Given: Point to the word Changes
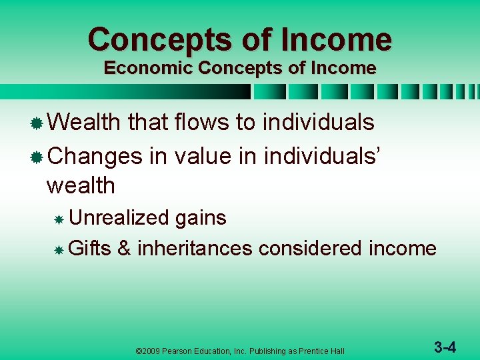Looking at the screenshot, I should pyautogui.click(x=95, y=156).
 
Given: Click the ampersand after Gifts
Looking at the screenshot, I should pyautogui.click(x=123, y=249).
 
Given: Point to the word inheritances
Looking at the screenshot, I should pyautogui.click(x=195, y=249).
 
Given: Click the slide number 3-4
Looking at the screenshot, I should pyautogui.click(x=445, y=347).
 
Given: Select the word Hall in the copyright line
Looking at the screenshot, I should pyautogui.click(x=337, y=351).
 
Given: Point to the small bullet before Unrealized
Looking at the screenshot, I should pyautogui.click(x=59, y=219).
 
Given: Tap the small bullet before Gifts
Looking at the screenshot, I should pyautogui.click(x=59, y=251).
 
